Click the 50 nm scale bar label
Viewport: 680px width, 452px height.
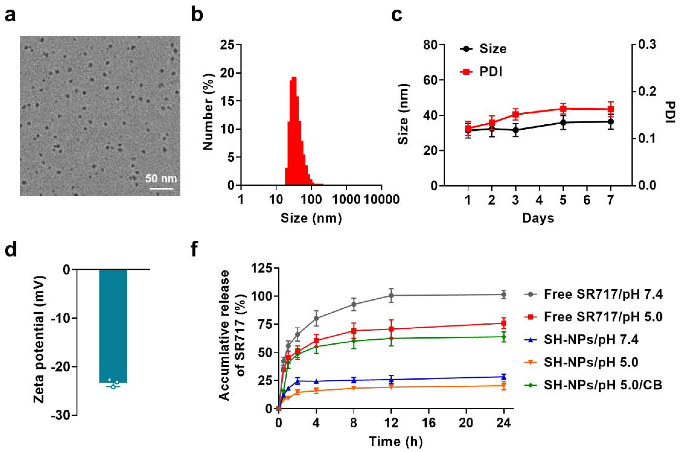pyautogui.click(x=161, y=179)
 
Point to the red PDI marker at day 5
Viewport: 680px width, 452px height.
pyautogui.click(x=563, y=109)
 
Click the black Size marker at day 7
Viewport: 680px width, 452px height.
pyautogui.click(x=610, y=122)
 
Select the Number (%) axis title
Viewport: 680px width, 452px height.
pyautogui.click(x=208, y=115)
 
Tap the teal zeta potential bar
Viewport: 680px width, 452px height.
pyautogui.click(x=113, y=326)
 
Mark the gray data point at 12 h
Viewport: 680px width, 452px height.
pyautogui.click(x=391, y=296)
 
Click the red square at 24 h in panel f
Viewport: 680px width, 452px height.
pyautogui.click(x=504, y=323)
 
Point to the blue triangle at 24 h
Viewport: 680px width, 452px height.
pyautogui.click(x=504, y=377)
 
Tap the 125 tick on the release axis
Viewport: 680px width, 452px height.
pyautogui.click(x=262, y=268)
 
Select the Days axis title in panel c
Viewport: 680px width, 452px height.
pyautogui.click(x=538, y=218)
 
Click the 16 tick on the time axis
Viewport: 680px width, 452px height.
pyautogui.click(x=429, y=423)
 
